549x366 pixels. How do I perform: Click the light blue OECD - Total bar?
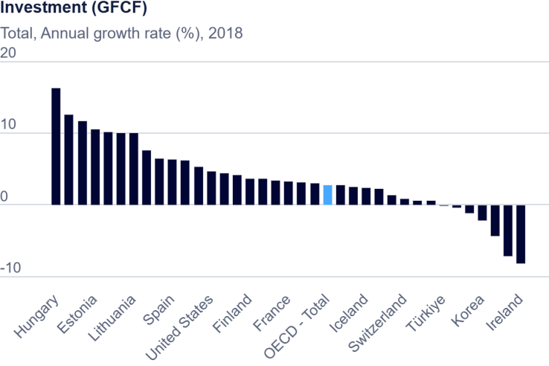[x=327, y=195]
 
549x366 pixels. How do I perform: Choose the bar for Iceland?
[x=366, y=196]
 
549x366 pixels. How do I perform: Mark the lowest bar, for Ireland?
[x=521, y=234]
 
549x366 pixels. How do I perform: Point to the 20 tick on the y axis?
[x=9, y=54]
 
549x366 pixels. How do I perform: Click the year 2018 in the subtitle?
[x=226, y=33]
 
